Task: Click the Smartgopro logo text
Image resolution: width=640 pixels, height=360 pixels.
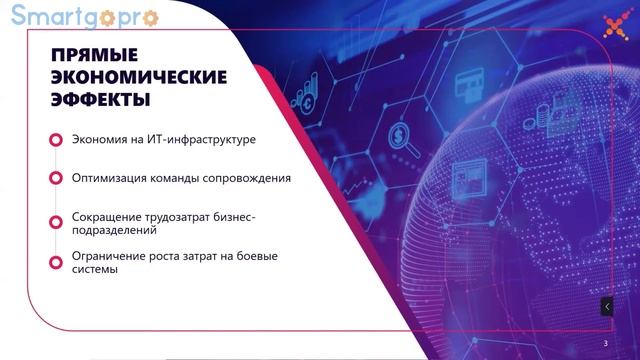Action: point(55,16)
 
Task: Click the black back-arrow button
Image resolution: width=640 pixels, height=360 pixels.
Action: point(607,307)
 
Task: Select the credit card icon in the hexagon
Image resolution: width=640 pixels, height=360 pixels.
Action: point(466,81)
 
